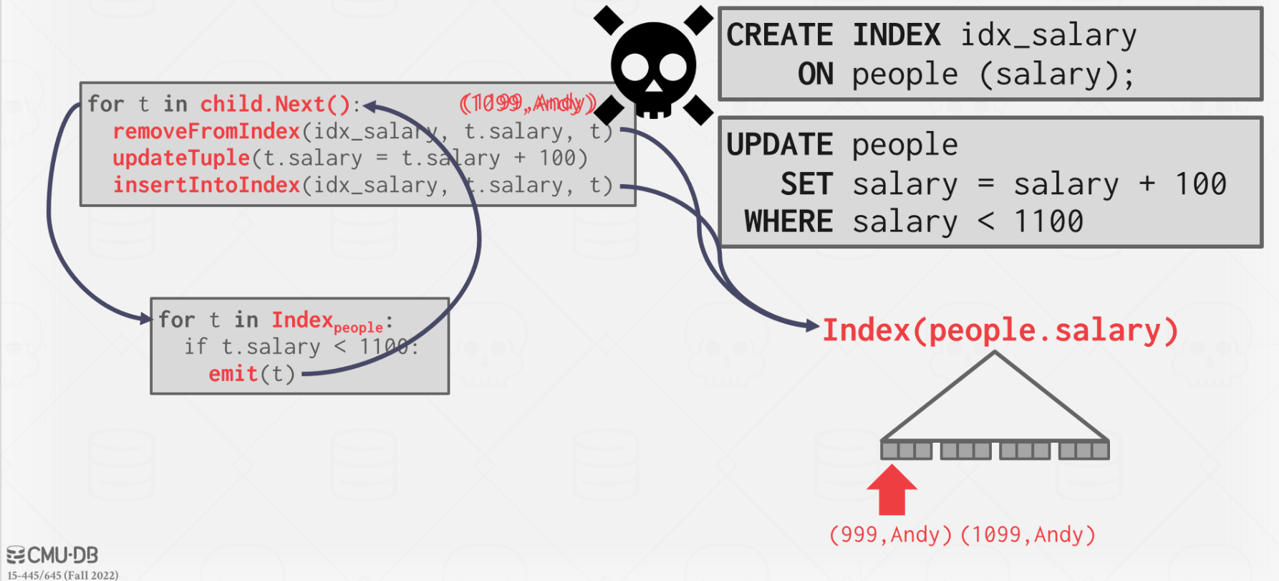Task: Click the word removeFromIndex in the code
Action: [x=206, y=132]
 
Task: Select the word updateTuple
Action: [x=181, y=158]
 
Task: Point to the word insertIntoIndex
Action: [x=206, y=186]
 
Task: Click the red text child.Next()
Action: [x=275, y=105]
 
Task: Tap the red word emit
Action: [x=233, y=374]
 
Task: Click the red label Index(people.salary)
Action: [x=1000, y=331]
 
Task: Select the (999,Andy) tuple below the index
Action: [x=890, y=535]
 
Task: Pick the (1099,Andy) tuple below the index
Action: [x=1028, y=535]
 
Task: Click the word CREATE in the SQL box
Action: [x=779, y=35]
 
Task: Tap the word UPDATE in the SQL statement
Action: [x=779, y=145]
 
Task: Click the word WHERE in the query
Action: [x=788, y=222]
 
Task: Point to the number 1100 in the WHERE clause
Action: [x=1048, y=222]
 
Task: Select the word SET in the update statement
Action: [x=806, y=184]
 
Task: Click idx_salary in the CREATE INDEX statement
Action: [x=1048, y=35]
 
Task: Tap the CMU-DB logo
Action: [x=52, y=555]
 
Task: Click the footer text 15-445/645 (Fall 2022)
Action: [x=63, y=575]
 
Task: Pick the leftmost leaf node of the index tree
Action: [x=907, y=451]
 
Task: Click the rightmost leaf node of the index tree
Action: [x=1084, y=451]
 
